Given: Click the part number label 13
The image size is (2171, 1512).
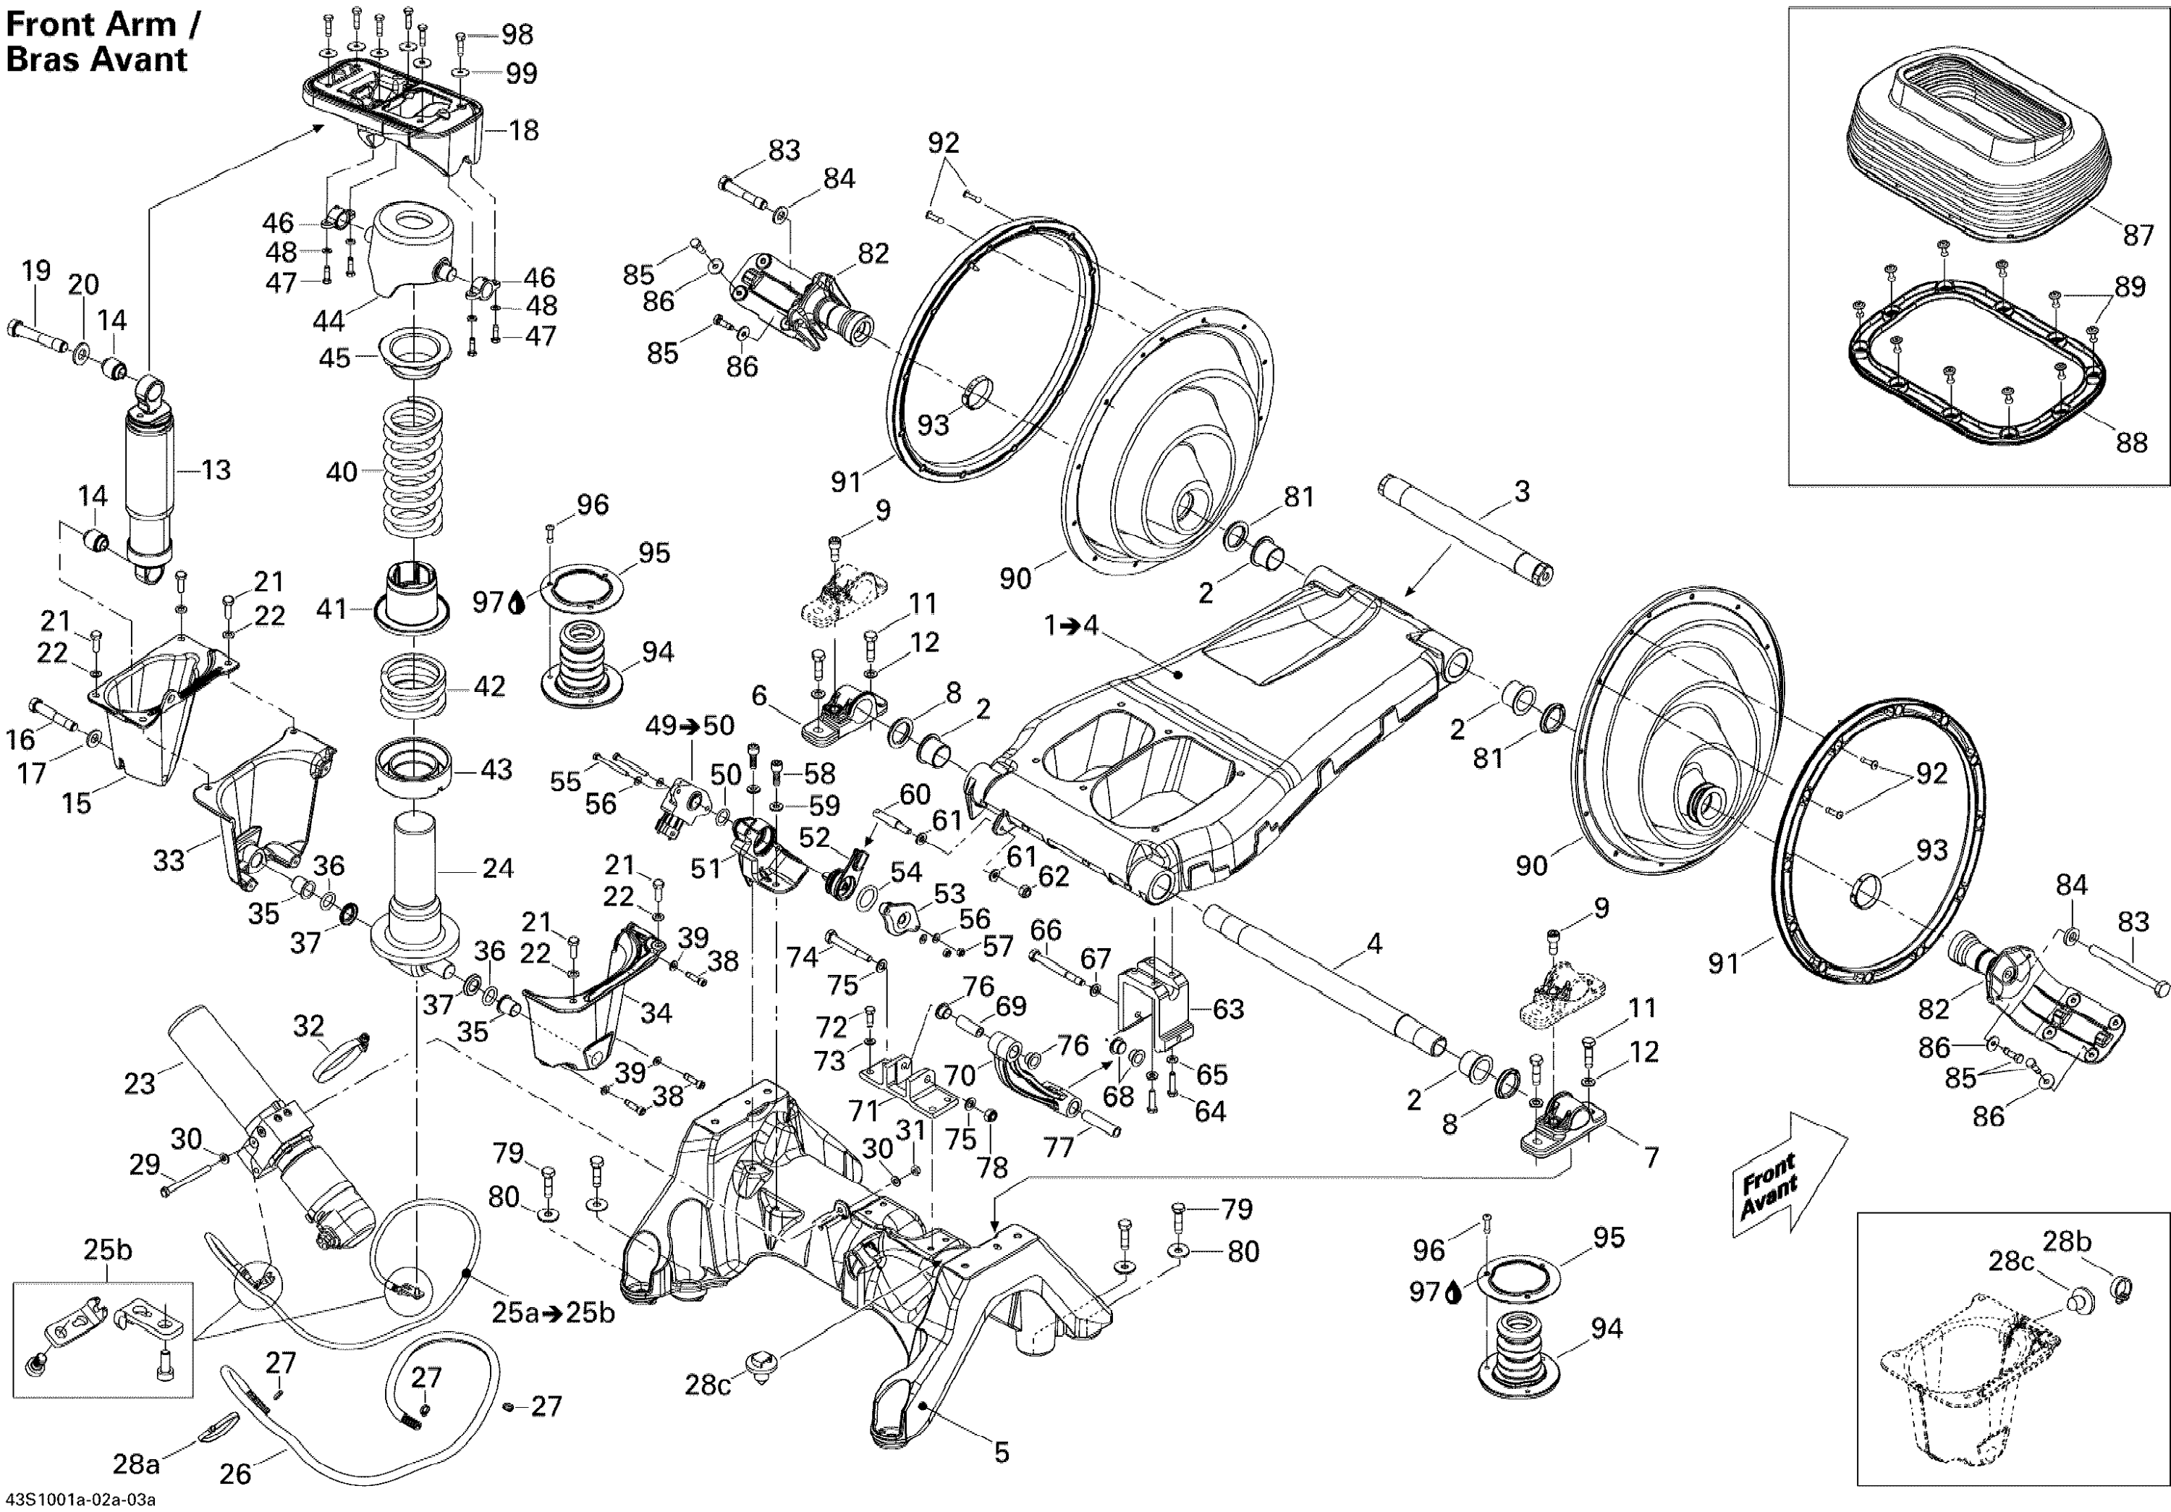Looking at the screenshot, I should point(216,470).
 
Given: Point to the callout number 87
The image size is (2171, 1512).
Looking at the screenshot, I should point(2138,235).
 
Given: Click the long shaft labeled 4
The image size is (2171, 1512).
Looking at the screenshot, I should point(1324,974).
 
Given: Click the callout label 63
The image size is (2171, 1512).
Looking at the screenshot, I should point(1227,1009).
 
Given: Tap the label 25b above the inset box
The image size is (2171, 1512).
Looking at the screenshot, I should point(108,1249).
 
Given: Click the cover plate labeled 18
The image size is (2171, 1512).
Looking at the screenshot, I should point(397,114).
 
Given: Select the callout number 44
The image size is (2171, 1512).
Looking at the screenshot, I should point(328,321).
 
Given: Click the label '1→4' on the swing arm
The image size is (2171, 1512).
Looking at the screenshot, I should point(1070,625).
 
